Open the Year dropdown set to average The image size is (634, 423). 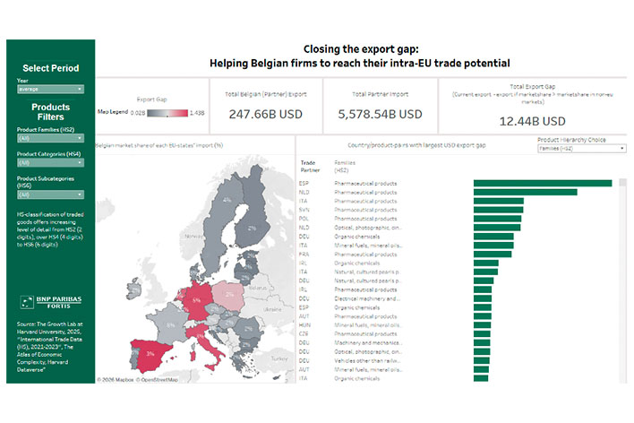tap(49, 90)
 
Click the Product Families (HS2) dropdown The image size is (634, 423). tap(49, 138)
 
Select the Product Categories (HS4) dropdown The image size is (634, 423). tap(49, 165)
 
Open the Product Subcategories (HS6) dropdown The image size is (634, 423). tap(49, 194)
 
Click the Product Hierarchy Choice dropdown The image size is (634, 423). tap(581, 149)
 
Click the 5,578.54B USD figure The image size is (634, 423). tap(380, 115)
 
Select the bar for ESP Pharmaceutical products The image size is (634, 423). tap(542, 183)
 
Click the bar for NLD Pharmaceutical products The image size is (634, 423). tap(525, 192)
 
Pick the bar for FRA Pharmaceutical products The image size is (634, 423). tap(493, 254)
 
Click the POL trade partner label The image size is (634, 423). tap(304, 218)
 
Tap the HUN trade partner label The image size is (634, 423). tap(304, 324)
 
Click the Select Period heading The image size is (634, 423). tap(50, 68)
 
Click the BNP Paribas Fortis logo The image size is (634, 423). tap(50, 301)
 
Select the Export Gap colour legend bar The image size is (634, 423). tap(167, 113)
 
